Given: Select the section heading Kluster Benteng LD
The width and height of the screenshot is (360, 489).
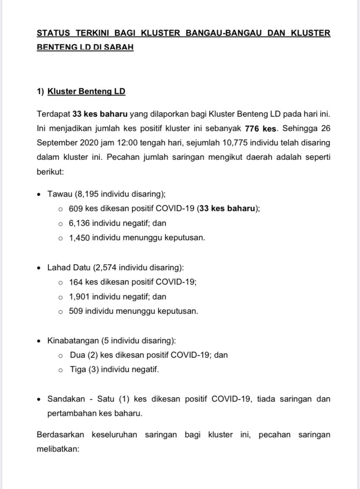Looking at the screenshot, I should [87, 92].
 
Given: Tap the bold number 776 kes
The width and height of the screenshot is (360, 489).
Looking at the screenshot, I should [261, 129].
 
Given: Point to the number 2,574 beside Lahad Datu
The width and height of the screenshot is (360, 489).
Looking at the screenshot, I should [106, 267].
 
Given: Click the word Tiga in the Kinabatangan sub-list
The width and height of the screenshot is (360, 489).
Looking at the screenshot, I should [77, 370].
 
